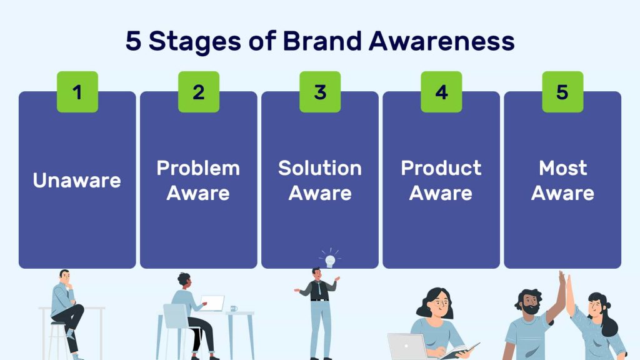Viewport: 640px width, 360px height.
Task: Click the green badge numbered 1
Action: coord(77,92)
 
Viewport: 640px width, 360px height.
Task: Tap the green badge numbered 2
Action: coord(199,92)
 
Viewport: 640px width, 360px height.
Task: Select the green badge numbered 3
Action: coord(320,92)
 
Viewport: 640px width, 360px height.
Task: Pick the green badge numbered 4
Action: coord(441,92)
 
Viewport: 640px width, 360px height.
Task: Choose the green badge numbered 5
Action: coord(562,92)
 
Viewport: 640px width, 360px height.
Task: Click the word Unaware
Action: coord(77,181)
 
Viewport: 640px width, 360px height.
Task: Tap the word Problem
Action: coord(198,168)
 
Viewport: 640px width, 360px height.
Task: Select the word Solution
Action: coord(320,168)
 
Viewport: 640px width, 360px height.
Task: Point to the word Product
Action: coord(441,168)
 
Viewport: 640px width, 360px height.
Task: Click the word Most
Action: coord(563,168)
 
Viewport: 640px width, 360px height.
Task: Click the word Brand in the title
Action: coord(322,41)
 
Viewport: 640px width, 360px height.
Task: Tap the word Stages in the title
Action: coord(195,42)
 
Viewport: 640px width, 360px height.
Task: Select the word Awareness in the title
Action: coord(442,41)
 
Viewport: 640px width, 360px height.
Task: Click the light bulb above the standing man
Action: coord(330,261)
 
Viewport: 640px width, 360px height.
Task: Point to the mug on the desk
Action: coord(234,309)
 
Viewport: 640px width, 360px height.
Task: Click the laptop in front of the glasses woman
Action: coord(407,346)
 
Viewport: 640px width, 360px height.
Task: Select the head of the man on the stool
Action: coord(64,276)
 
